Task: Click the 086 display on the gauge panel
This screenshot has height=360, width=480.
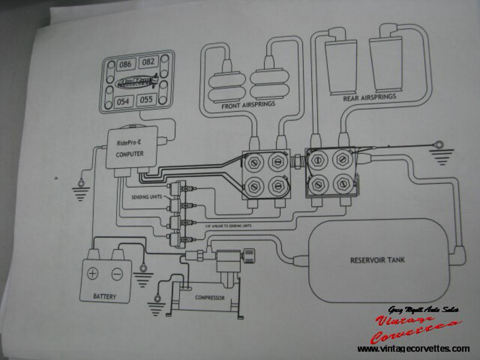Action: pos(125,64)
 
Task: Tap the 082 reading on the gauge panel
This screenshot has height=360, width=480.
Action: pos(148,62)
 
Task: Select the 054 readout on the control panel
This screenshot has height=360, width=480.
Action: pos(123,101)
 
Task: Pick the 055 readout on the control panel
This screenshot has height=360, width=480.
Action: pos(147,99)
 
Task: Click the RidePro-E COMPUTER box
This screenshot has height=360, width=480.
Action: pos(131,147)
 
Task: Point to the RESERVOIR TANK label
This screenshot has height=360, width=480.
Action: pos(377,260)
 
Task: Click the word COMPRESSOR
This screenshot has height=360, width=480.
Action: pos(210,298)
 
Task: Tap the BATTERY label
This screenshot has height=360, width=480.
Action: pos(105,296)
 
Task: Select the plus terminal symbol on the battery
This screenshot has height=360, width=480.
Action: pos(93,273)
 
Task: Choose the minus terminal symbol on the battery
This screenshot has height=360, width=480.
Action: pos(117,274)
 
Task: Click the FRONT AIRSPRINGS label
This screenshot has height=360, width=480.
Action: pos(248,105)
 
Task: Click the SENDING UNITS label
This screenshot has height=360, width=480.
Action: pos(146,197)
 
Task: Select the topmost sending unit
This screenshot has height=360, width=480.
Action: pos(175,188)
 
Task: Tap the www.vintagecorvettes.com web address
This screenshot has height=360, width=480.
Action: pos(413,349)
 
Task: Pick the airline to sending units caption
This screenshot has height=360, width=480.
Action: pos(228,226)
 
